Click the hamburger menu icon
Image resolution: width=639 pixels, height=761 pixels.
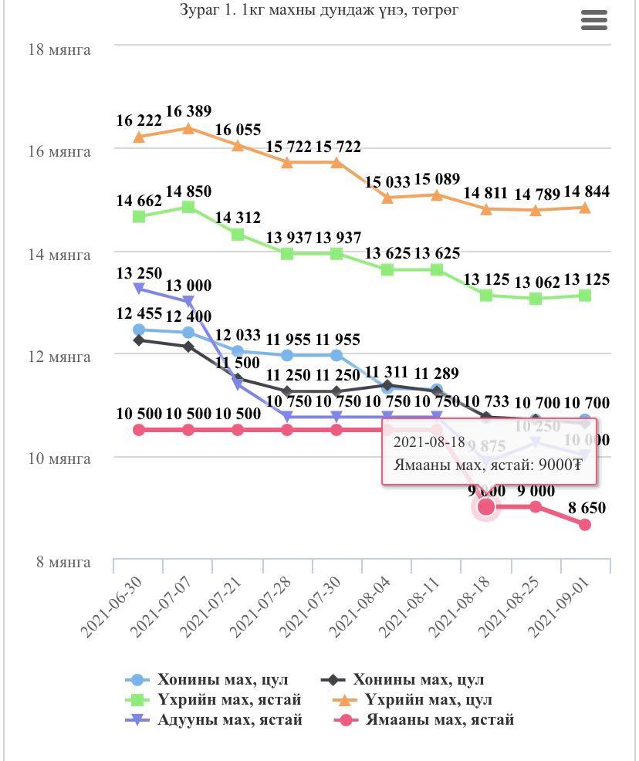point(593,21)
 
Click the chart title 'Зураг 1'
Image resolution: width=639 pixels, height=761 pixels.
point(319,10)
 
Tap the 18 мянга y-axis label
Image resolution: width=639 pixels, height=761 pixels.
point(59,50)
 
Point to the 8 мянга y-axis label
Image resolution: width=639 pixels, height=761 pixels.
point(63,562)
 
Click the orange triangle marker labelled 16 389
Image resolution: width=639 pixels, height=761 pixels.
point(188,128)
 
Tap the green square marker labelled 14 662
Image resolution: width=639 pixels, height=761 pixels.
point(139,216)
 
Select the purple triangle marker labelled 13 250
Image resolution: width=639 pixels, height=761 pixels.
point(139,288)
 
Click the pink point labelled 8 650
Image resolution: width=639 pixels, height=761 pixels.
point(585,525)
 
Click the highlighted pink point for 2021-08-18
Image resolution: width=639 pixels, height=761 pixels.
point(486,506)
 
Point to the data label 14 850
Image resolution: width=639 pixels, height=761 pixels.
point(188,191)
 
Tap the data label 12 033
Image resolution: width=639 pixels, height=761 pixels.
point(238,335)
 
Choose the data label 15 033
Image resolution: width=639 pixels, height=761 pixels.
point(387,182)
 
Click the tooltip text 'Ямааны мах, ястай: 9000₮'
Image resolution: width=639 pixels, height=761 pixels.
point(488,465)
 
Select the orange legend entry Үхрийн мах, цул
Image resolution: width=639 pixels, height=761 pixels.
point(428,700)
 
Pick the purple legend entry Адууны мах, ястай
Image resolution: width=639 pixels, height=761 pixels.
point(229,720)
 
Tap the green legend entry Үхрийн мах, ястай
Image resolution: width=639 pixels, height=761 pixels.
point(228,700)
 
